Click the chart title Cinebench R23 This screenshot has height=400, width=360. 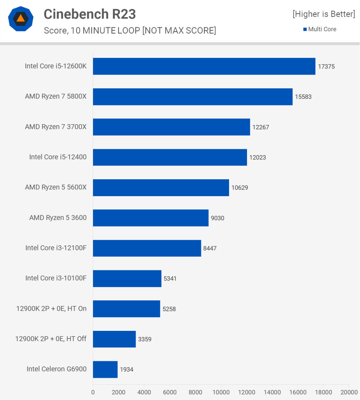tap(90, 14)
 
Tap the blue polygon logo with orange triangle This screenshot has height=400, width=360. tap(20, 19)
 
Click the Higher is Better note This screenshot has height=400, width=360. tap(324, 14)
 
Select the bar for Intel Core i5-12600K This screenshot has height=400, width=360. tap(204, 66)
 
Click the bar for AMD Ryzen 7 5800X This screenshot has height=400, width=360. tap(193, 96)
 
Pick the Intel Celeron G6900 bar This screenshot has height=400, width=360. tap(105, 369)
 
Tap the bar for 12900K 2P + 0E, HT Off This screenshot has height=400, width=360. tap(114, 339)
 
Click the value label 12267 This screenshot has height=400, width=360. tap(261, 127)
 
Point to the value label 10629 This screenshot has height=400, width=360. tap(240, 187)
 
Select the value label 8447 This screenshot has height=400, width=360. tap(210, 248)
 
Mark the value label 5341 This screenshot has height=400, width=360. tap(170, 279)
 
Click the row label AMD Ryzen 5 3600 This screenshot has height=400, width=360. tap(58, 218)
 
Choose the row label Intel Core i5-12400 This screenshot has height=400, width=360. tap(58, 157)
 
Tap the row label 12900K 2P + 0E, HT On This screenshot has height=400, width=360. tap(51, 309)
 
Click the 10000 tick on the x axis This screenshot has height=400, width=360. tap(221, 392)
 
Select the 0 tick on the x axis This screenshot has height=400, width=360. tap(93, 392)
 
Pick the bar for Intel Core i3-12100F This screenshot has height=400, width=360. tap(147, 248)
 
